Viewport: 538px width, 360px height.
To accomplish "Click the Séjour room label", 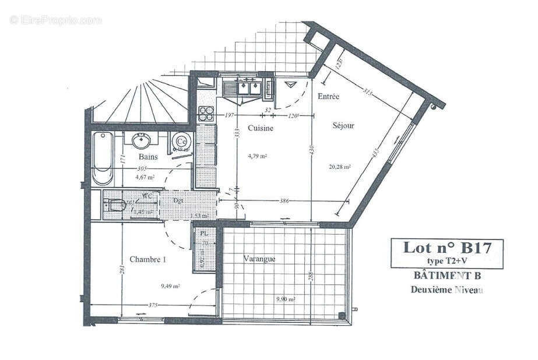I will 343,125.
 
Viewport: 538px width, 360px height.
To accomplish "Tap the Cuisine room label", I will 260,128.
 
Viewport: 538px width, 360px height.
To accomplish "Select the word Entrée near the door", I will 328,96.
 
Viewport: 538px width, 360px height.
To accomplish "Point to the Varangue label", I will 259,259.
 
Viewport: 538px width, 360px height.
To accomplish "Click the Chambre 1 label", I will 147,259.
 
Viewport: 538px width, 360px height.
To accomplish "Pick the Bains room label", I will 149,157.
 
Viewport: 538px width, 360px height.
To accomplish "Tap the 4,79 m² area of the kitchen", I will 257,156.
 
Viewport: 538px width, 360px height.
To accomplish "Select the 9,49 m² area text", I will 170,286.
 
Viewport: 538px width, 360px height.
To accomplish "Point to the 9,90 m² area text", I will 285,299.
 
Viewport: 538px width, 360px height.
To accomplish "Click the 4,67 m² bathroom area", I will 145,177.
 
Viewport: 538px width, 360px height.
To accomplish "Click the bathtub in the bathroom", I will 103,158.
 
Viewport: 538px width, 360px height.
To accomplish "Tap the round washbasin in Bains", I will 142,140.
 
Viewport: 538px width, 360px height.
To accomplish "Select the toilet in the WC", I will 115,205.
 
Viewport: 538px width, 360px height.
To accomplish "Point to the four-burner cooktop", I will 206,112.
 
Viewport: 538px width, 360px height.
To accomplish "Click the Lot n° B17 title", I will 446,248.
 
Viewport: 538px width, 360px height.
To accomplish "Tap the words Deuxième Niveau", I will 446,289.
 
